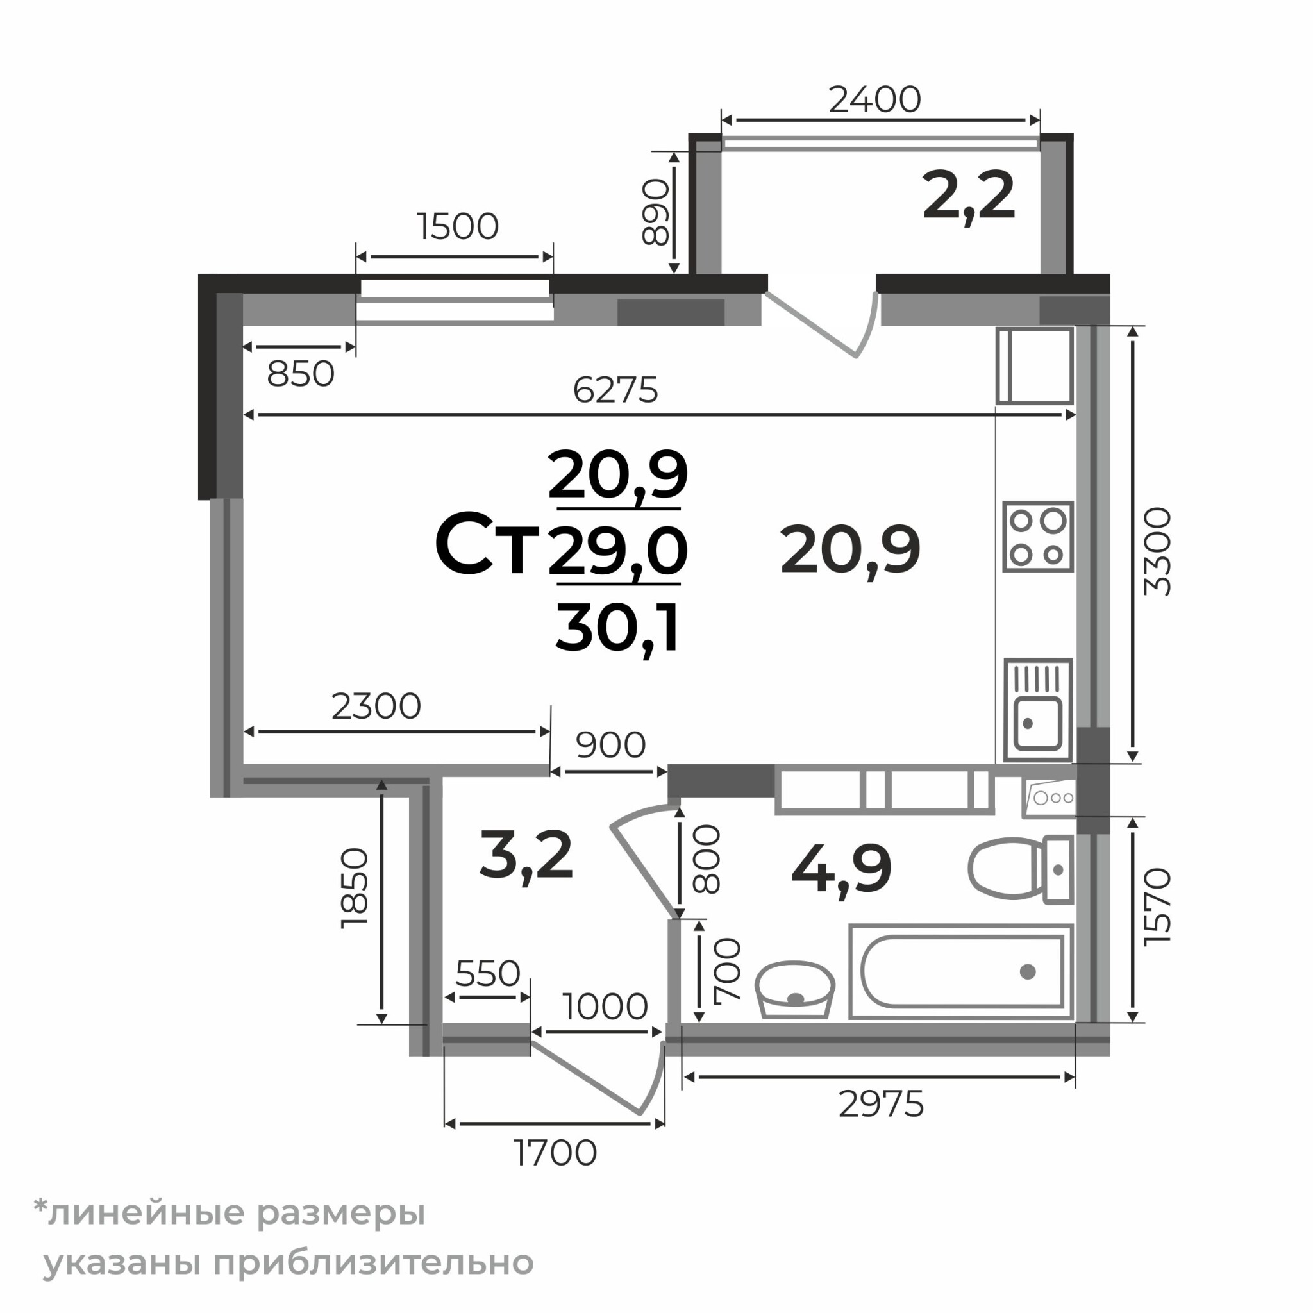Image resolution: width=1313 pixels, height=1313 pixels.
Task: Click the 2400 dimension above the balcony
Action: tap(874, 100)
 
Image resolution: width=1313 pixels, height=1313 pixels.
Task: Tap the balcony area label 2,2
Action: tap(969, 196)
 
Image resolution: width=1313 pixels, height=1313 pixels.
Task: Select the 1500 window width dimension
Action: tap(458, 226)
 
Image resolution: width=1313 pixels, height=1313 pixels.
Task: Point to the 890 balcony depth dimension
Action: tap(656, 212)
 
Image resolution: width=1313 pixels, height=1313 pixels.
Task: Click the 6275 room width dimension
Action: tap(615, 390)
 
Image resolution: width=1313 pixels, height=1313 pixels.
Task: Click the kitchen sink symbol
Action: tap(1038, 709)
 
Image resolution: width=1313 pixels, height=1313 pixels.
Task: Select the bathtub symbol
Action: tap(961, 971)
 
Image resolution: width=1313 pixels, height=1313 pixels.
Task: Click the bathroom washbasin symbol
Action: tap(795, 989)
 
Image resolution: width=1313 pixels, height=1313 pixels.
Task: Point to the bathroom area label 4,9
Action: tap(841, 871)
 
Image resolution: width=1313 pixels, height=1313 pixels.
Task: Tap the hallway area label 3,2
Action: tap(526, 856)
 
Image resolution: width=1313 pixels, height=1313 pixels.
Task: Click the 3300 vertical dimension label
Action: tap(1157, 551)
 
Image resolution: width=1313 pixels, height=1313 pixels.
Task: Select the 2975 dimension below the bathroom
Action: tap(881, 1105)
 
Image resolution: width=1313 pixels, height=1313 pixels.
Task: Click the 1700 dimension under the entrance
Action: tap(555, 1153)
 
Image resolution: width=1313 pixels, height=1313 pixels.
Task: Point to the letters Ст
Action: tap(487, 544)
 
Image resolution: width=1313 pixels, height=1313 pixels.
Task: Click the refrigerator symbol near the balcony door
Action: tap(1035, 365)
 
